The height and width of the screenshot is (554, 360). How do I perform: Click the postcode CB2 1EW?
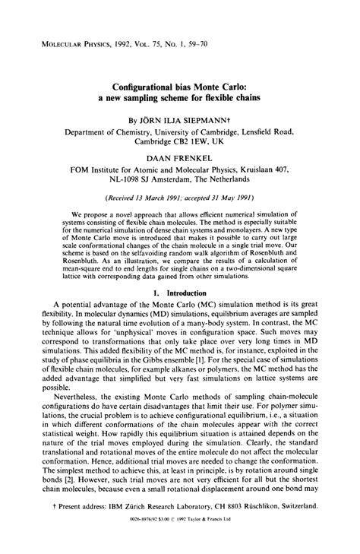(x=175, y=141)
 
